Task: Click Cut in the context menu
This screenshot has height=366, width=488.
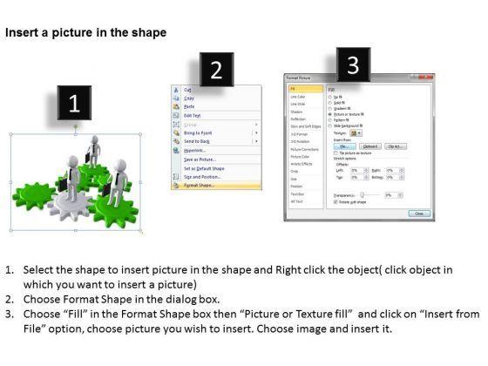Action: [x=187, y=90]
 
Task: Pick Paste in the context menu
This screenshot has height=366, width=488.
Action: [x=189, y=106]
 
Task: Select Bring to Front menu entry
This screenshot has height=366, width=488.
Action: [x=200, y=132]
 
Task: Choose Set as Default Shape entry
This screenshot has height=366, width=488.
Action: [x=206, y=167]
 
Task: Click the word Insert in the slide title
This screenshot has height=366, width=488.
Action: [x=24, y=32]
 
